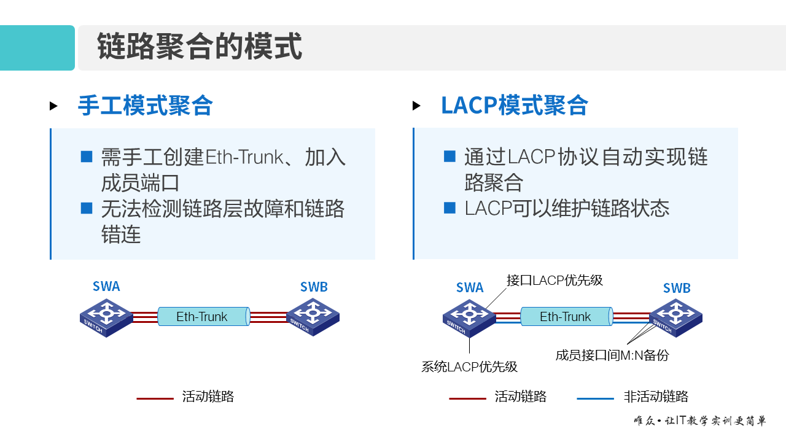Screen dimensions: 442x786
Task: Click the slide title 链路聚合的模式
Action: coord(200,47)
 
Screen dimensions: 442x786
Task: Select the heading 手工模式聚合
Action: coord(145,106)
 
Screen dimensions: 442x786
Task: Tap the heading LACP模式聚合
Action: coord(514,106)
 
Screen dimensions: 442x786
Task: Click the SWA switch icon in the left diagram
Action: coord(106,317)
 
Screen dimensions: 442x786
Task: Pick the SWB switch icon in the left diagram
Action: coord(313,317)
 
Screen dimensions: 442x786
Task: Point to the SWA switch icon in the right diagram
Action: coord(470,317)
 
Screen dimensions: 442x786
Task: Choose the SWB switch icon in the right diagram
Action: coord(675,317)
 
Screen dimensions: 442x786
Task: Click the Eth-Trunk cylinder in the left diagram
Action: coord(203,317)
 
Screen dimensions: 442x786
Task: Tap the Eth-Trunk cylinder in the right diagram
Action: coord(566,317)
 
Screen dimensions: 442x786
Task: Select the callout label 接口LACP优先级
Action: coord(554,281)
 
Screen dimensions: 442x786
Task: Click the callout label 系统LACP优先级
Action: coord(469,367)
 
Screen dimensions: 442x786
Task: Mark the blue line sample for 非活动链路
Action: coord(595,398)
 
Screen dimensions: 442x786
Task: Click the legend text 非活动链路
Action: coord(656,397)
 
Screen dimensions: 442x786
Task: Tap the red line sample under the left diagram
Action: coord(155,398)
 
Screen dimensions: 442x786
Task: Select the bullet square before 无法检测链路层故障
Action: coord(87,209)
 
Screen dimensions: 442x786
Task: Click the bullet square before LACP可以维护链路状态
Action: coord(450,208)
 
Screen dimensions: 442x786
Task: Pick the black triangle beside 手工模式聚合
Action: coord(53,106)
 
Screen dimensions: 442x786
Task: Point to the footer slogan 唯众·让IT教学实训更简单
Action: coord(699,421)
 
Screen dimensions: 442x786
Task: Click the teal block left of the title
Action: coord(37,48)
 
